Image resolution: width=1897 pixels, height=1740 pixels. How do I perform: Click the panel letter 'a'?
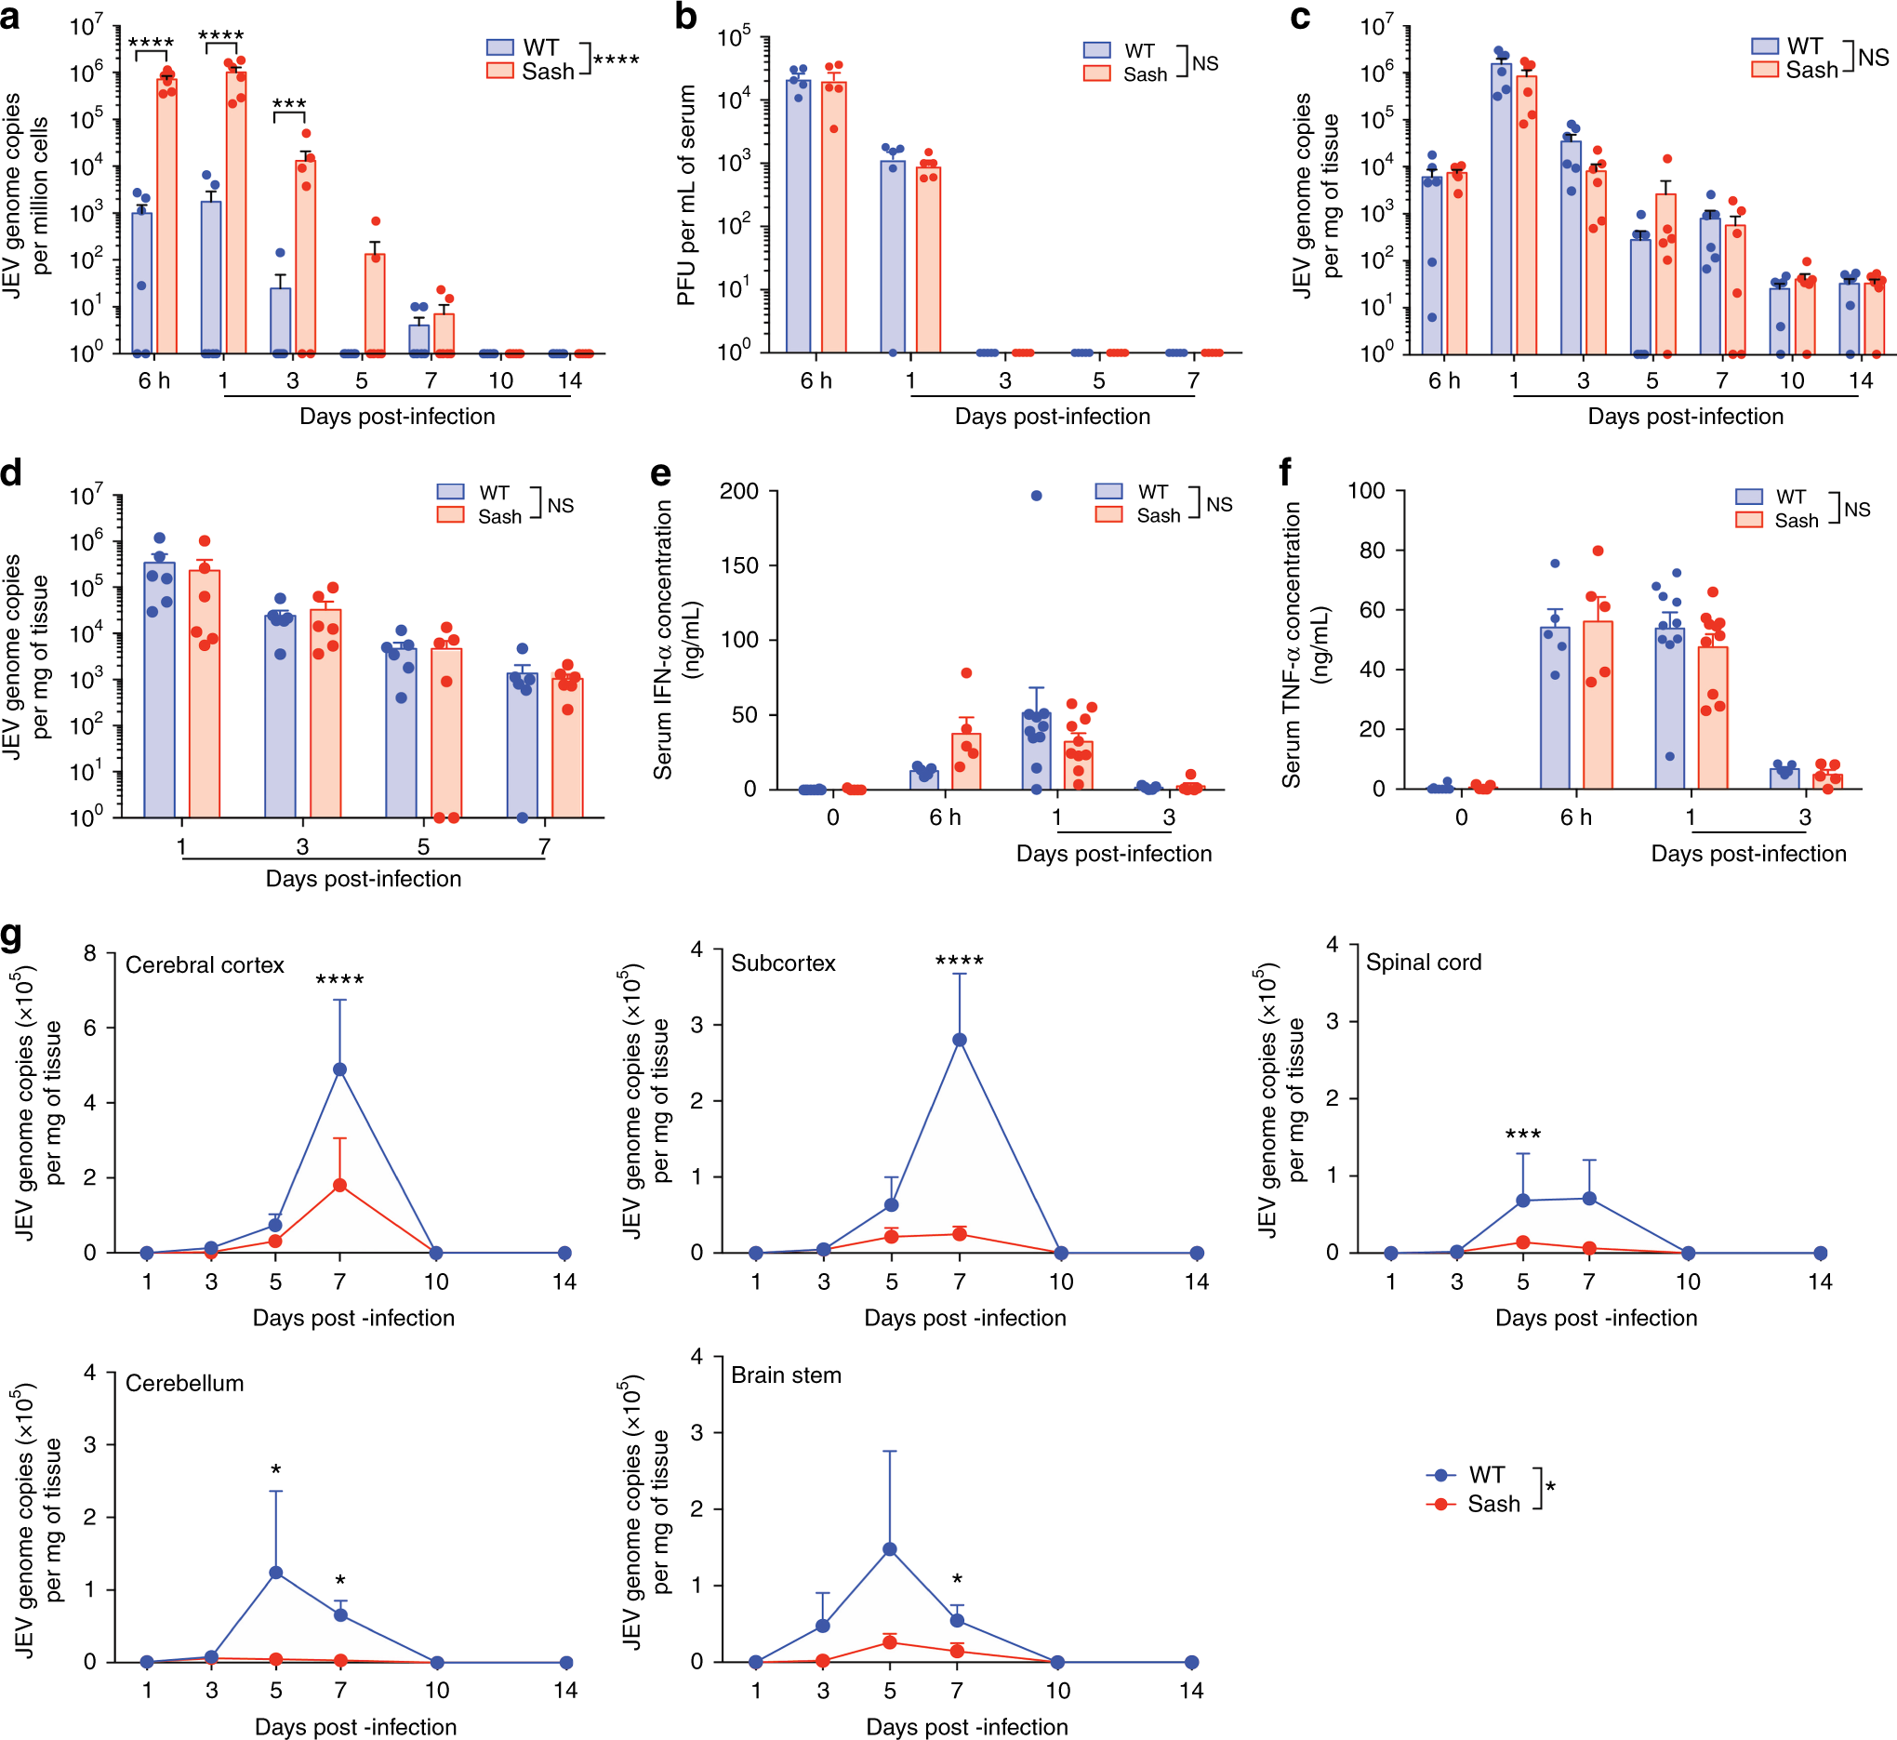[x=10, y=18]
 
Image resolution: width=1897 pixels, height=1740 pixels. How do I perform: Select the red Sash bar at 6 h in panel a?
[x=166, y=217]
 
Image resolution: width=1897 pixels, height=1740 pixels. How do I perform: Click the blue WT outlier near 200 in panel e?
[x=1037, y=496]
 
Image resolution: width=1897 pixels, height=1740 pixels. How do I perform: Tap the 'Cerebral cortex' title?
[x=205, y=965]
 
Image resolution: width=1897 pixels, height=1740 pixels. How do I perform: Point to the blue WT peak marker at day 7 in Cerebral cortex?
[x=339, y=1069]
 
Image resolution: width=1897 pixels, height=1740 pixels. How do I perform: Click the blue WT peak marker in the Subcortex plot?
[x=960, y=1040]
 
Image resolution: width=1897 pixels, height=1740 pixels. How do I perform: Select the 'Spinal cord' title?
[x=1423, y=963]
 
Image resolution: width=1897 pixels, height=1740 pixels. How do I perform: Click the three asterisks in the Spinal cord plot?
[x=1522, y=1134]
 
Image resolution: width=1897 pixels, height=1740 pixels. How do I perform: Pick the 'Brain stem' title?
[x=786, y=1375]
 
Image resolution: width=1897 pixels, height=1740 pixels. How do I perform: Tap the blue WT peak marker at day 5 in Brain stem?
[x=890, y=1548]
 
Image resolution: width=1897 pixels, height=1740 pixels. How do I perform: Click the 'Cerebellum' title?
[x=184, y=1383]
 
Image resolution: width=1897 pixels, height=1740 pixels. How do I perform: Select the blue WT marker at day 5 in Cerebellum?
[x=276, y=1573]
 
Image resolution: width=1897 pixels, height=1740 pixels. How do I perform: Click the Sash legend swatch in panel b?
[x=1096, y=73]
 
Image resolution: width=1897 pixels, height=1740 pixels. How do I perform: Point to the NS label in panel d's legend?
[x=560, y=506]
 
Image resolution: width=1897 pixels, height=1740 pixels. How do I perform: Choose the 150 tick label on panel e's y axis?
[x=739, y=565]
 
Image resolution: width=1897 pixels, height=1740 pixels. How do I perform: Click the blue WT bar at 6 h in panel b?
[x=799, y=217]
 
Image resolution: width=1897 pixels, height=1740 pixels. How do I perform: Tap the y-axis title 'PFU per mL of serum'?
[x=686, y=195]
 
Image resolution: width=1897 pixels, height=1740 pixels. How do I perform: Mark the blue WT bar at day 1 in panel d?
[x=159, y=689]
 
